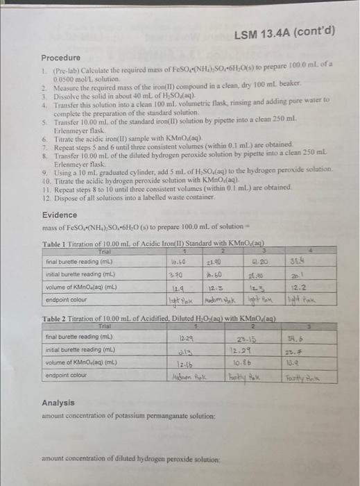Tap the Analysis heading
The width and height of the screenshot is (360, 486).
(58, 402)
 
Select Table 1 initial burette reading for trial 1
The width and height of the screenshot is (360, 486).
(177, 274)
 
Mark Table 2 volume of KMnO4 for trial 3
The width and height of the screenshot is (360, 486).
(311, 362)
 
